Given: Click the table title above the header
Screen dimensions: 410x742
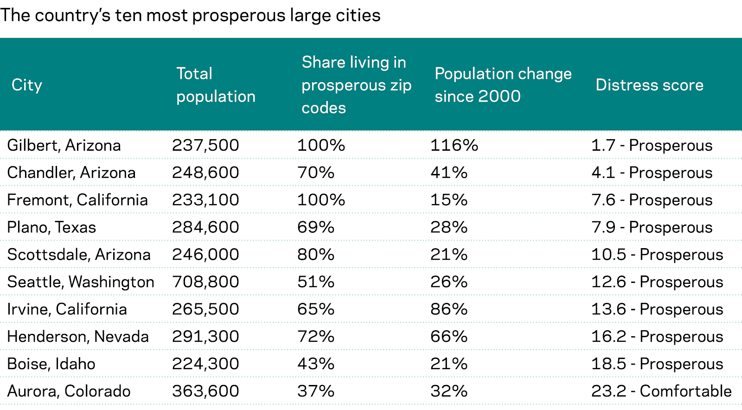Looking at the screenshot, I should coord(190,15).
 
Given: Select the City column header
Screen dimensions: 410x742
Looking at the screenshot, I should coord(27,85).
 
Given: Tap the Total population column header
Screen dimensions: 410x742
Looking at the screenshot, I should coord(216,85).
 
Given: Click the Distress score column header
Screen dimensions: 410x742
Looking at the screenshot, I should coord(649,85).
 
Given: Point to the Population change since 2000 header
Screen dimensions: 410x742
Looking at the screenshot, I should coord(503,85).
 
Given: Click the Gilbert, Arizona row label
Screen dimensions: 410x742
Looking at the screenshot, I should coord(64,145).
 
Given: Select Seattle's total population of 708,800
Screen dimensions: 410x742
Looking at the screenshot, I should coord(205,282).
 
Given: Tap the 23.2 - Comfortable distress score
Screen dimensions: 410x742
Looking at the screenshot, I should coord(661,391).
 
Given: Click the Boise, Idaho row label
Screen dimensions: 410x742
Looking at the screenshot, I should coord(51,364).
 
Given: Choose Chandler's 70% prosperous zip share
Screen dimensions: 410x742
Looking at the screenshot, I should coord(316,173).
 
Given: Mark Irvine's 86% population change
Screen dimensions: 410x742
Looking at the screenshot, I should coord(448,309).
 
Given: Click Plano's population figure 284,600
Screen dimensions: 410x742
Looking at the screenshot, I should coord(205,227).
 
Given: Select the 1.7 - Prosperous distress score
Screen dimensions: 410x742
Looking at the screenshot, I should coord(652,145).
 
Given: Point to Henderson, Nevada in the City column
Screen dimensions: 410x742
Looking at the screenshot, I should coord(78,336).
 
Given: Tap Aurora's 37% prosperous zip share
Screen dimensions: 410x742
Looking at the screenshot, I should coord(316,391).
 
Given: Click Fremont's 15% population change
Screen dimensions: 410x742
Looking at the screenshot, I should coord(448,200).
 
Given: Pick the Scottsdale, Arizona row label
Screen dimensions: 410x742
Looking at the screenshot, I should coord(79,255).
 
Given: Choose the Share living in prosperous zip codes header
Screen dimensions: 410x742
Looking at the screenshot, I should coord(356,85).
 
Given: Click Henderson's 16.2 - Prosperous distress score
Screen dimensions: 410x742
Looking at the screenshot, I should coord(657,336).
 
